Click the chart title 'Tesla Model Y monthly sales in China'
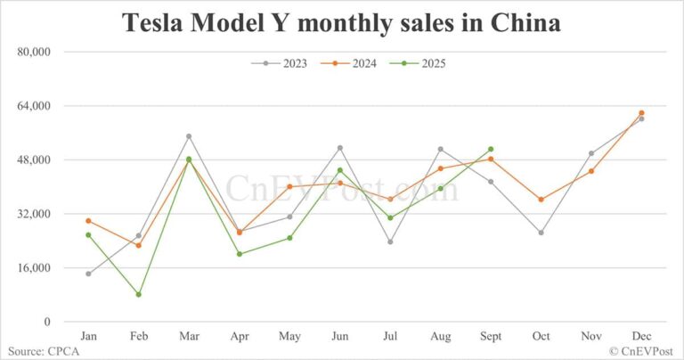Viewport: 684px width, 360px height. (x=342, y=23)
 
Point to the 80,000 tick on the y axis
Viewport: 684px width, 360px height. (x=35, y=52)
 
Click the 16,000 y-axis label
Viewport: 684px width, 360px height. (x=35, y=268)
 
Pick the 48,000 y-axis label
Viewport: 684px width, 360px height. (x=35, y=160)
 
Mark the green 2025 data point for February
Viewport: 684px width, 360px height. (x=138, y=294)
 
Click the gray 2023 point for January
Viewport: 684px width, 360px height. (x=88, y=274)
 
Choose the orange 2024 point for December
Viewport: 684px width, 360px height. (x=641, y=113)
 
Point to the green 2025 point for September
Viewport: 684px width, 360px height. (x=491, y=149)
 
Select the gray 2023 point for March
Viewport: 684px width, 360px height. (x=189, y=136)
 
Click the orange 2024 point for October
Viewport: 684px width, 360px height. (x=541, y=200)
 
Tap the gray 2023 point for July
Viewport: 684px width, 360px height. (x=390, y=241)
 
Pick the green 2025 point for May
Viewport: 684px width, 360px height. (x=289, y=238)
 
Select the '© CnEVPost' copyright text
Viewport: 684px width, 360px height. (x=644, y=352)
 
